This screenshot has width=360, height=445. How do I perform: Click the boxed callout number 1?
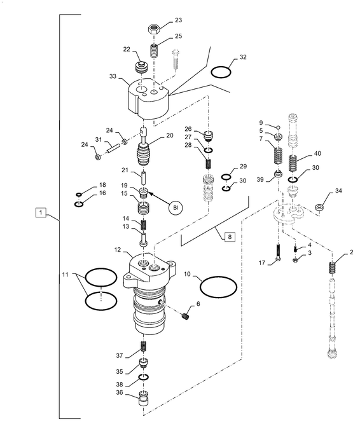(41, 212)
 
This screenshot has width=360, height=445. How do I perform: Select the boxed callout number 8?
(230, 237)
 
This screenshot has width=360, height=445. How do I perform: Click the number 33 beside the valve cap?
(113, 76)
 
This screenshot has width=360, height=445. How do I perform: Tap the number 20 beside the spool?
(170, 135)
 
